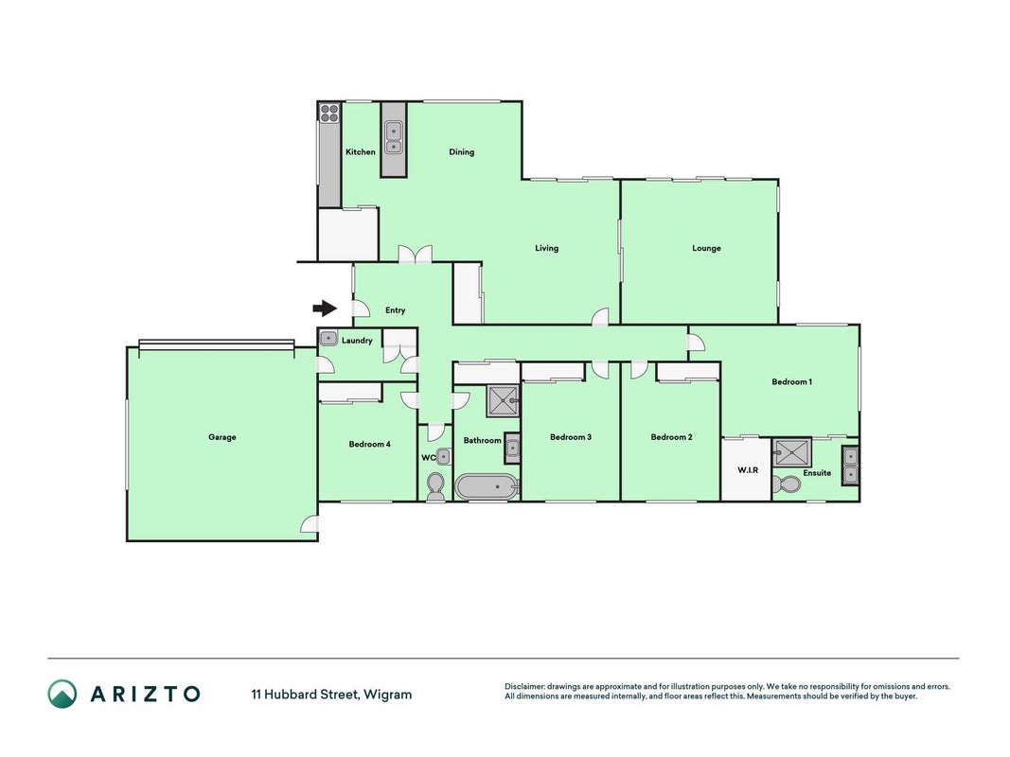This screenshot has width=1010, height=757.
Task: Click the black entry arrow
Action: coord(325,309)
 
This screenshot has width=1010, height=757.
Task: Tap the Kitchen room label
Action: coord(360,152)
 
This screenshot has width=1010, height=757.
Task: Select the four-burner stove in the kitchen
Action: coord(329,114)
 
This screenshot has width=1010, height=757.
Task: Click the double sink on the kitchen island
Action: coord(393,137)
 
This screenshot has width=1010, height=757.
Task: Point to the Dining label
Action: coord(461,152)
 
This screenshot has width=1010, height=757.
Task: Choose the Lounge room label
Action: coord(706,248)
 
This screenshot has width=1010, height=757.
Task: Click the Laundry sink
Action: coord(328,338)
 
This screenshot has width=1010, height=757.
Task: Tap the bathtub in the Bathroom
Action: coord(487,487)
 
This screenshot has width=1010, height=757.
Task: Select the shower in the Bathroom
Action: coord(503,400)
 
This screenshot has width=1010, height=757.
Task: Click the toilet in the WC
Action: coord(435,486)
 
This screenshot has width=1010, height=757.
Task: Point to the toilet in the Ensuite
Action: coord(786,484)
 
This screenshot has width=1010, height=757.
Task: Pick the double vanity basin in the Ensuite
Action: coord(850,467)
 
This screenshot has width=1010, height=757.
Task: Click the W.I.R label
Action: coord(747,470)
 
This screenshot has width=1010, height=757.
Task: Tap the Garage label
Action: coord(222,437)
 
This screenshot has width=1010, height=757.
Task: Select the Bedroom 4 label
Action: coord(370,444)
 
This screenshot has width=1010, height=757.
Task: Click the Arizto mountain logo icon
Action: coord(62,694)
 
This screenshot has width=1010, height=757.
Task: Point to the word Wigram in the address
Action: coord(388,695)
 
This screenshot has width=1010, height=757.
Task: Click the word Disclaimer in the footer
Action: coord(524,687)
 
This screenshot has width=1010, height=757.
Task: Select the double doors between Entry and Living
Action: coord(415,255)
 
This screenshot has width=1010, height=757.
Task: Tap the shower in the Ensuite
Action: coord(792,452)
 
